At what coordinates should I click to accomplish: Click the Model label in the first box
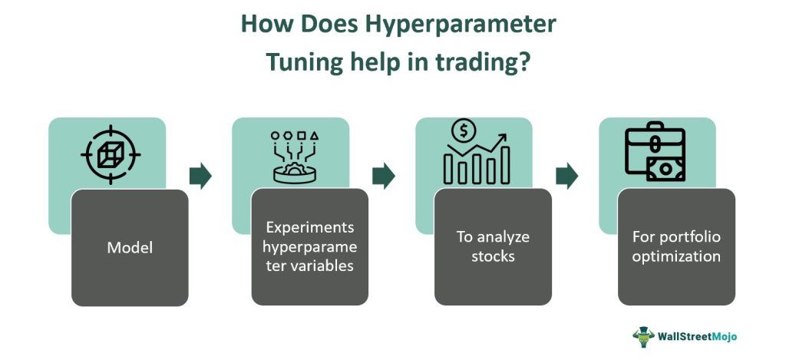coord(130,248)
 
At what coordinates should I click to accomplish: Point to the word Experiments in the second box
coord(310,228)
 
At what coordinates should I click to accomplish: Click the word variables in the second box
coord(322,266)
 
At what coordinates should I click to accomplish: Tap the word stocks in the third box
coord(494,256)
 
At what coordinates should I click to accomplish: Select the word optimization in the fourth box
coord(676,256)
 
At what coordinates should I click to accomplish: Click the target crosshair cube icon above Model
coord(111,155)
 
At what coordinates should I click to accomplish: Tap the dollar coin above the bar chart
coord(463,130)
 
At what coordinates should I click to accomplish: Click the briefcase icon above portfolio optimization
coord(655,142)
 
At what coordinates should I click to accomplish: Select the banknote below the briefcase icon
coord(665,169)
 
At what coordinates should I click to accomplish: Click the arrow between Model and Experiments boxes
coord(200,176)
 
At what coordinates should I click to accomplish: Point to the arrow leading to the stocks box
coord(384,176)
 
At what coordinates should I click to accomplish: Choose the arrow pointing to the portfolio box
coord(567,176)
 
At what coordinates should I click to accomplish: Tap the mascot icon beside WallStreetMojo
coord(643,337)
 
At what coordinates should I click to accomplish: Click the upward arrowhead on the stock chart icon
coord(502,138)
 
